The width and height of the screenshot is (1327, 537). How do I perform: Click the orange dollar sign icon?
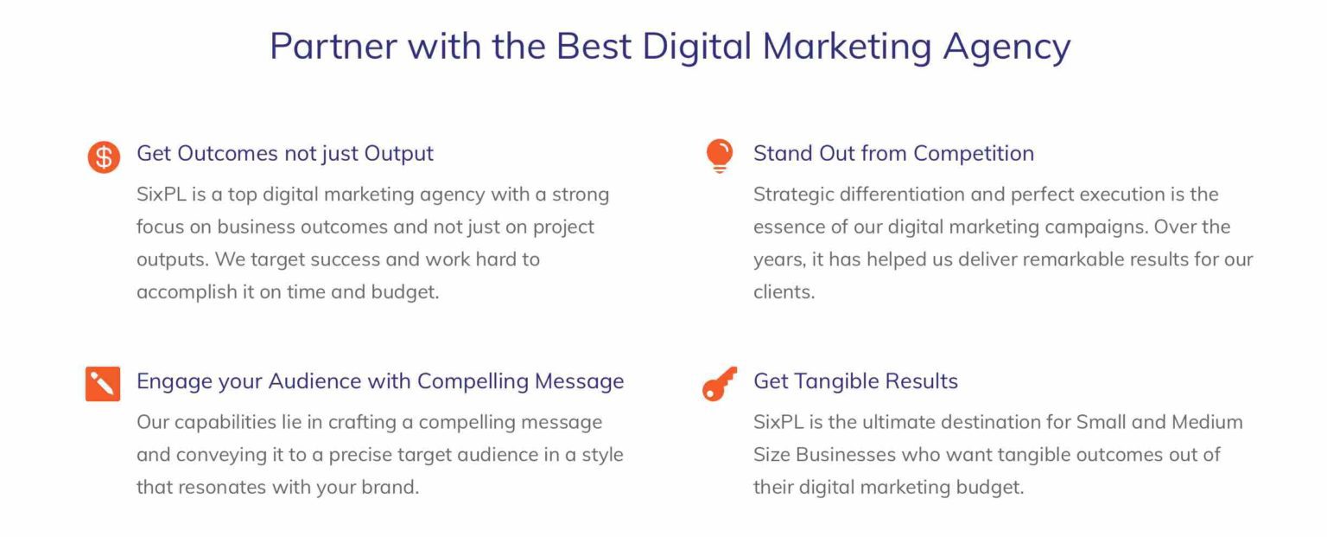(104, 157)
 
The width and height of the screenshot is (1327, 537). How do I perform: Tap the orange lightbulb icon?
(720, 156)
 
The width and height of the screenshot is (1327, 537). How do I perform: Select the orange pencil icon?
(103, 384)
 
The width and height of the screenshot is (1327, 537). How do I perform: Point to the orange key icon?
(720, 383)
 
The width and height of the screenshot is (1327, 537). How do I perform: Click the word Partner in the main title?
(333, 46)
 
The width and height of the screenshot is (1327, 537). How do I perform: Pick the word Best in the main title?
(594, 46)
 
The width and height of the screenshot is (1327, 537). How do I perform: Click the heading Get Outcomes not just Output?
(285, 154)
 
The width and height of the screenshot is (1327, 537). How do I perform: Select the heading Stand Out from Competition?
(893, 154)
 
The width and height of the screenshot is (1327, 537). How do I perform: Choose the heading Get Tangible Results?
(855, 381)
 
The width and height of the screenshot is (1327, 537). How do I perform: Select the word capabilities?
(225, 423)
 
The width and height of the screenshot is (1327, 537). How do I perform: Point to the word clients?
(784, 292)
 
